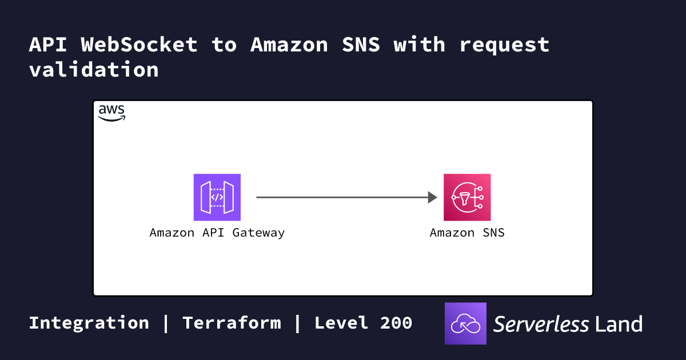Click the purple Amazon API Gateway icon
217,197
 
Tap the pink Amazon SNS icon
467,197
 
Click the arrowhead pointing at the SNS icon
432,197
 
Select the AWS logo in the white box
111,113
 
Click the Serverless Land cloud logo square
465,323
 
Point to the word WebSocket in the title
139,45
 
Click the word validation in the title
94,69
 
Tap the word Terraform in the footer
232,323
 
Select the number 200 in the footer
396,323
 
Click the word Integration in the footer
89,323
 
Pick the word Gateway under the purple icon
258,233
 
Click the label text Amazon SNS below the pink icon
467,233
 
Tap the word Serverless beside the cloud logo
541,324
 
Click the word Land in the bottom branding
619,324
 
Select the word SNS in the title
361,45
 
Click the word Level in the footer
341,323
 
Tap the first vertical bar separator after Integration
166,323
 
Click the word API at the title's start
48,45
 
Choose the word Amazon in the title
289,45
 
